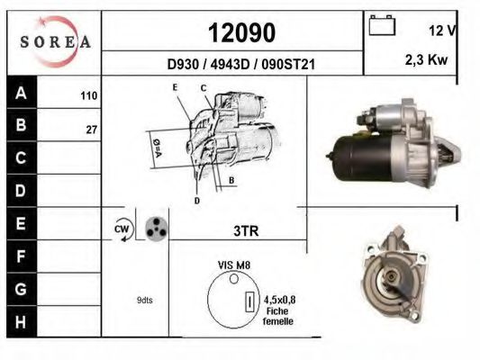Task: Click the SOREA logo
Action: tap(55, 41)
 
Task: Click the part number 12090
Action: tap(242, 32)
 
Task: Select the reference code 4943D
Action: tap(230, 64)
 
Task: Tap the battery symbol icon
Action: tap(382, 25)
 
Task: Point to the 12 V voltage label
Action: tap(443, 31)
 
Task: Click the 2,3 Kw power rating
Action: tap(426, 59)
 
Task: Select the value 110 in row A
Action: tap(89, 95)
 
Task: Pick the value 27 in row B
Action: tap(92, 130)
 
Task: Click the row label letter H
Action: tap(21, 322)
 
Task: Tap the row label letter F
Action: tap(21, 256)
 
